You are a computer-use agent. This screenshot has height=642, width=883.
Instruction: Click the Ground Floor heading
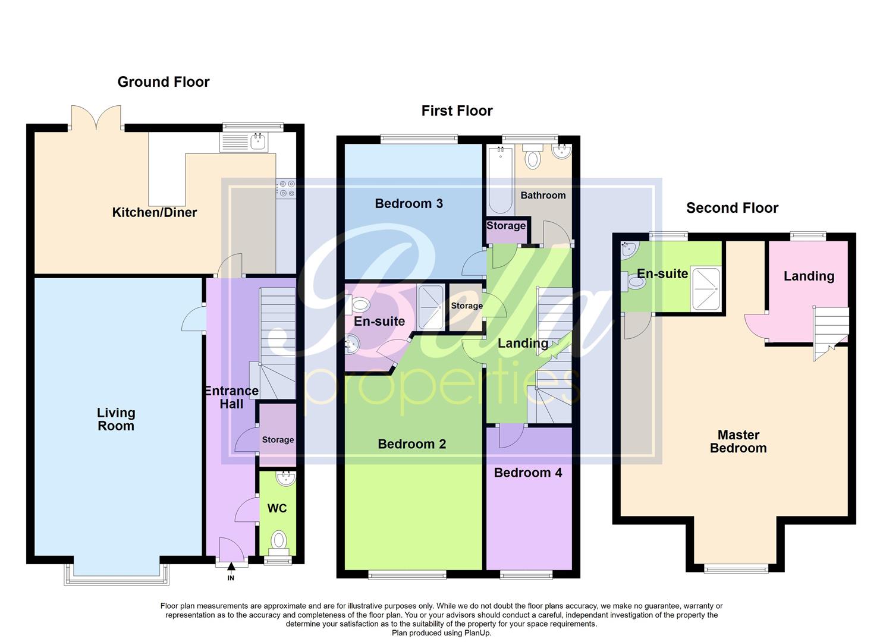click(x=164, y=82)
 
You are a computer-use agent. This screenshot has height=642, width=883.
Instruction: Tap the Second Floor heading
click(x=732, y=208)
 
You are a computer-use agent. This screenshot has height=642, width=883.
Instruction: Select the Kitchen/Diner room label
click(x=155, y=212)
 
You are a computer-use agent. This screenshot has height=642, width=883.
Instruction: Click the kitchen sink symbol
click(x=258, y=141)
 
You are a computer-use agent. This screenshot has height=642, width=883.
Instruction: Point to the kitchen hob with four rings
click(x=286, y=188)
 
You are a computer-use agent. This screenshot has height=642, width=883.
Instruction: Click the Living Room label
click(x=116, y=419)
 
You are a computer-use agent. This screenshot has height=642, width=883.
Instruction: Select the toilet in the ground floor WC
click(x=278, y=541)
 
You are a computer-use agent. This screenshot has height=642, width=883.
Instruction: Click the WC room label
click(x=277, y=508)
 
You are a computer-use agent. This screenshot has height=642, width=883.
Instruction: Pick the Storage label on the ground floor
click(x=278, y=440)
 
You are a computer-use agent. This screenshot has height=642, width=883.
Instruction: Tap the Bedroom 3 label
click(x=408, y=204)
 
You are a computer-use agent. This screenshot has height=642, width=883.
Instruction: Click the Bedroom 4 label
click(x=528, y=473)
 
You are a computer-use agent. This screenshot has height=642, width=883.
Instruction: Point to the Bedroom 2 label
click(x=411, y=444)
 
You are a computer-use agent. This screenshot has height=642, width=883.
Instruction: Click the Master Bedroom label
click(x=738, y=442)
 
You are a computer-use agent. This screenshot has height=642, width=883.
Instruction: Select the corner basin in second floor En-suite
click(x=628, y=250)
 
